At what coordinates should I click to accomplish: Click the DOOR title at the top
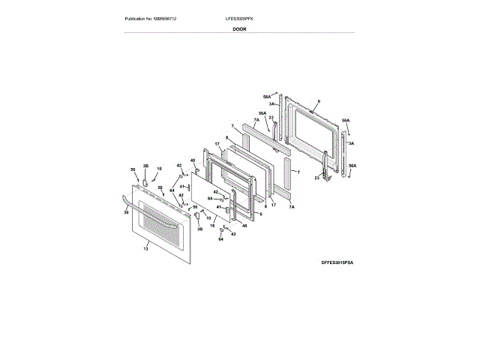pyautogui.click(x=239, y=28)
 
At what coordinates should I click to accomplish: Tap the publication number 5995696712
pyautogui.click(x=173, y=18)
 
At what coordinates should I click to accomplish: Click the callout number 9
pyautogui.click(x=318, y=101)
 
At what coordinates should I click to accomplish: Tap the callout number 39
pyautogui.click(x=127, y=212)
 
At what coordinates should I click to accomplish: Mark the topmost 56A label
pyautogui.click(x=266, y=96)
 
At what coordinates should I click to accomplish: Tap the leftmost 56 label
pyautogui.click(x=133, y=169)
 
